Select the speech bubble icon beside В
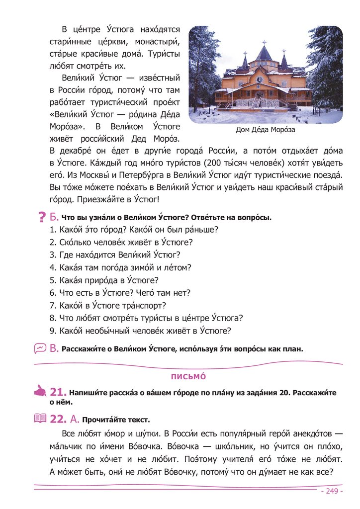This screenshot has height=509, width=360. [40, 348]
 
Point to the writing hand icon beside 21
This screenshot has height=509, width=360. [40, 392]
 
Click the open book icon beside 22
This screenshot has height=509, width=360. [40, 418]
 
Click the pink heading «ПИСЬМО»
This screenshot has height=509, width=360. [188, 376]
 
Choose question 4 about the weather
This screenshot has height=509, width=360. [120, 267]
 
